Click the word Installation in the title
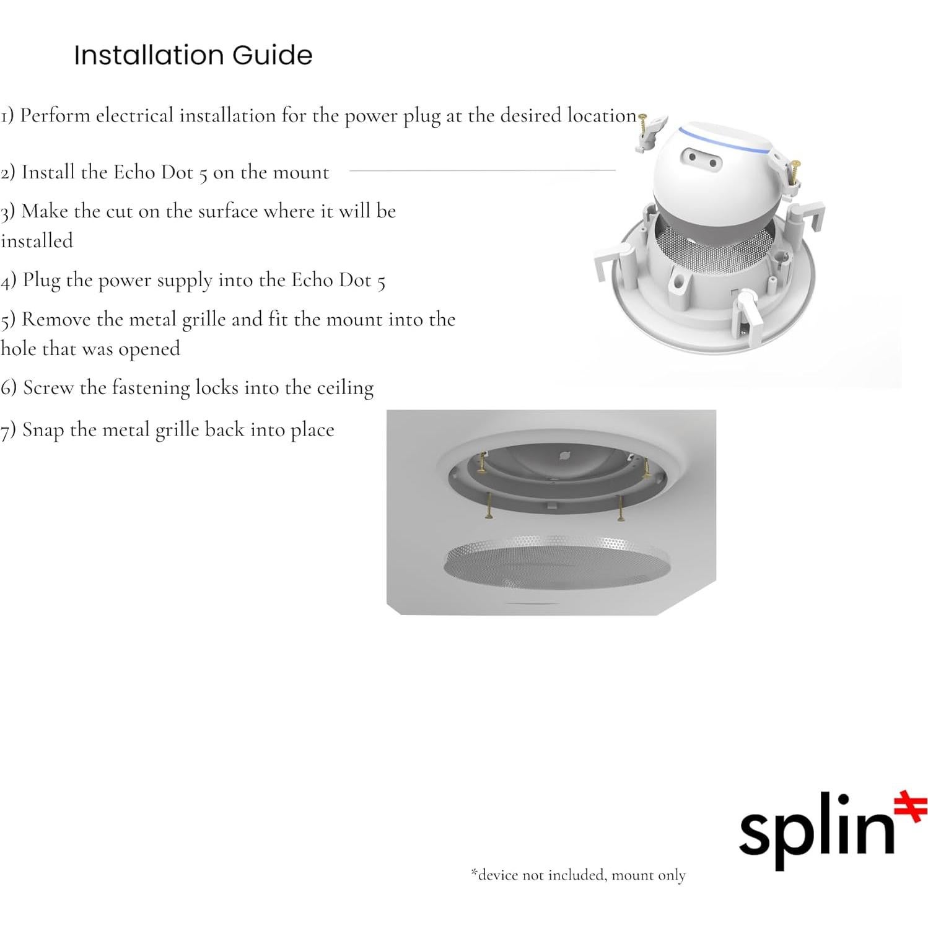click(x=149, y=56)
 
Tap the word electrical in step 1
click(x=134, y=116)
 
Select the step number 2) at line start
click(x=8, y=172)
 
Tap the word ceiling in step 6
click(x=345, y=388)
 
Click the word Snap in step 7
click(x=43, y=431)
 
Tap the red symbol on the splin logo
click(x=911, y=806)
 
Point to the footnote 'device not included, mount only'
click(x=578, y=875)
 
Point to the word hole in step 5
click(x=18, y=349)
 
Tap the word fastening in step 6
click(x=151, y=388)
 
